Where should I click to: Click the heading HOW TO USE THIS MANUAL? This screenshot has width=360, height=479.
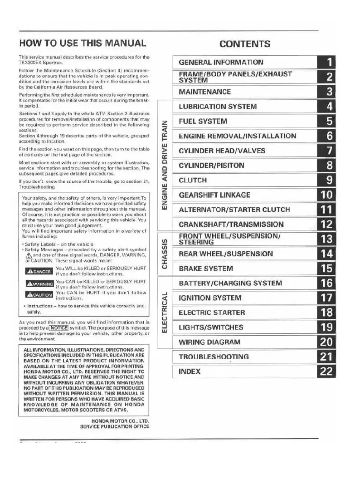(83, 44)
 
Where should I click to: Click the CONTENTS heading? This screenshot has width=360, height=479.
(245, 44)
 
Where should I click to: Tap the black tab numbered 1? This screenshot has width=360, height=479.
(329, 62)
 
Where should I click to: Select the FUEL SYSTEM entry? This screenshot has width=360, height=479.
(203, 121)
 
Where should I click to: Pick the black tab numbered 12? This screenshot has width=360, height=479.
(326, 224)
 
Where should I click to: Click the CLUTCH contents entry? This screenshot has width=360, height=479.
(193, 180)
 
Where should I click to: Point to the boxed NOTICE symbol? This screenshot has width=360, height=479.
(58, 327)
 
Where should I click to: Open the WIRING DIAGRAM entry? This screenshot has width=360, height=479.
(209, 342)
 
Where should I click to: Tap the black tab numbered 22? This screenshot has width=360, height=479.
(326, 371)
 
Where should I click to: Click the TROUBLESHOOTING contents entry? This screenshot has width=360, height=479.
(214, 357)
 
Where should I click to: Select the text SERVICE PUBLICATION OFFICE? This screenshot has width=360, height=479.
(115, 427)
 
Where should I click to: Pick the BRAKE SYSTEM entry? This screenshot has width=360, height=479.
(206, 269)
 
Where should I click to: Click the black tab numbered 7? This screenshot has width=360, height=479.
(329, 151)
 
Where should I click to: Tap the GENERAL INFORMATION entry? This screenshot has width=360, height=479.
(221, 62)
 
